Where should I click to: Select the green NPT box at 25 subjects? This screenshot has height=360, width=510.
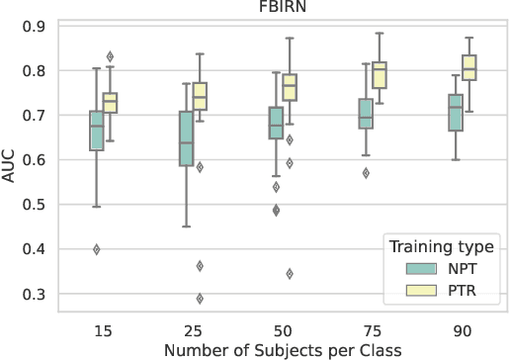coord(186,137)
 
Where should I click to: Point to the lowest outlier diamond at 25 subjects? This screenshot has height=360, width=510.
coord(200,299)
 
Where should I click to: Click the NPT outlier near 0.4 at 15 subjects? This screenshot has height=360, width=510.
coord(97,249)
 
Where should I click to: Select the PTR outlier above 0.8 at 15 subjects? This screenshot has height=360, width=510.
coord(111,56)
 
